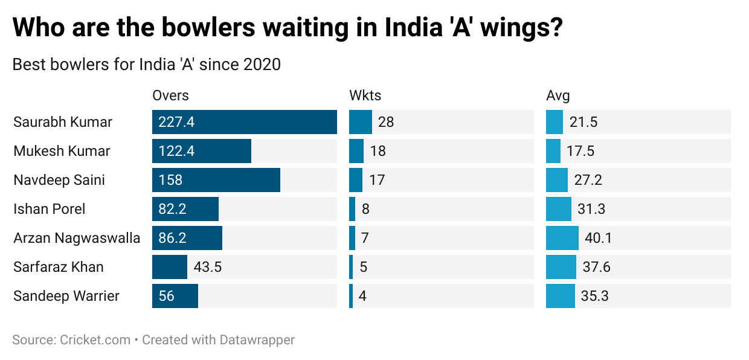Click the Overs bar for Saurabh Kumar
click(x=244, y=122)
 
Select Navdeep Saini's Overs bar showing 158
click(x=216, y=180)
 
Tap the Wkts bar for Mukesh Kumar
click(x=356, y=151)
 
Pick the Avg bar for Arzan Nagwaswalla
click(x=562, y=238)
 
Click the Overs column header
click(x=170, y=95)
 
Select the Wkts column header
click(x=365, y=95)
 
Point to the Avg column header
click(x=558, y=95)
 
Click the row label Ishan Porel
click(x=50, y=209)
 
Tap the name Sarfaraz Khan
click(x=59, y=267)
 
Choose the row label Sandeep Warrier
click(x=66, y=296)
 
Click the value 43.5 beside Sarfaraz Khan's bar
click(x=208, y=267)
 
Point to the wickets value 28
click(x=386, y=122)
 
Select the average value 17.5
click(x=580, y=151)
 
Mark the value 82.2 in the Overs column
click(x=172, y=209)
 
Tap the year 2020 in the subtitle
click(x=262, y=64)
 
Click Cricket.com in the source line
click(x=95, y=340)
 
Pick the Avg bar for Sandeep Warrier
click(x=560, y=296)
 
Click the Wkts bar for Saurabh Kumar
click(x=361, y=122)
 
